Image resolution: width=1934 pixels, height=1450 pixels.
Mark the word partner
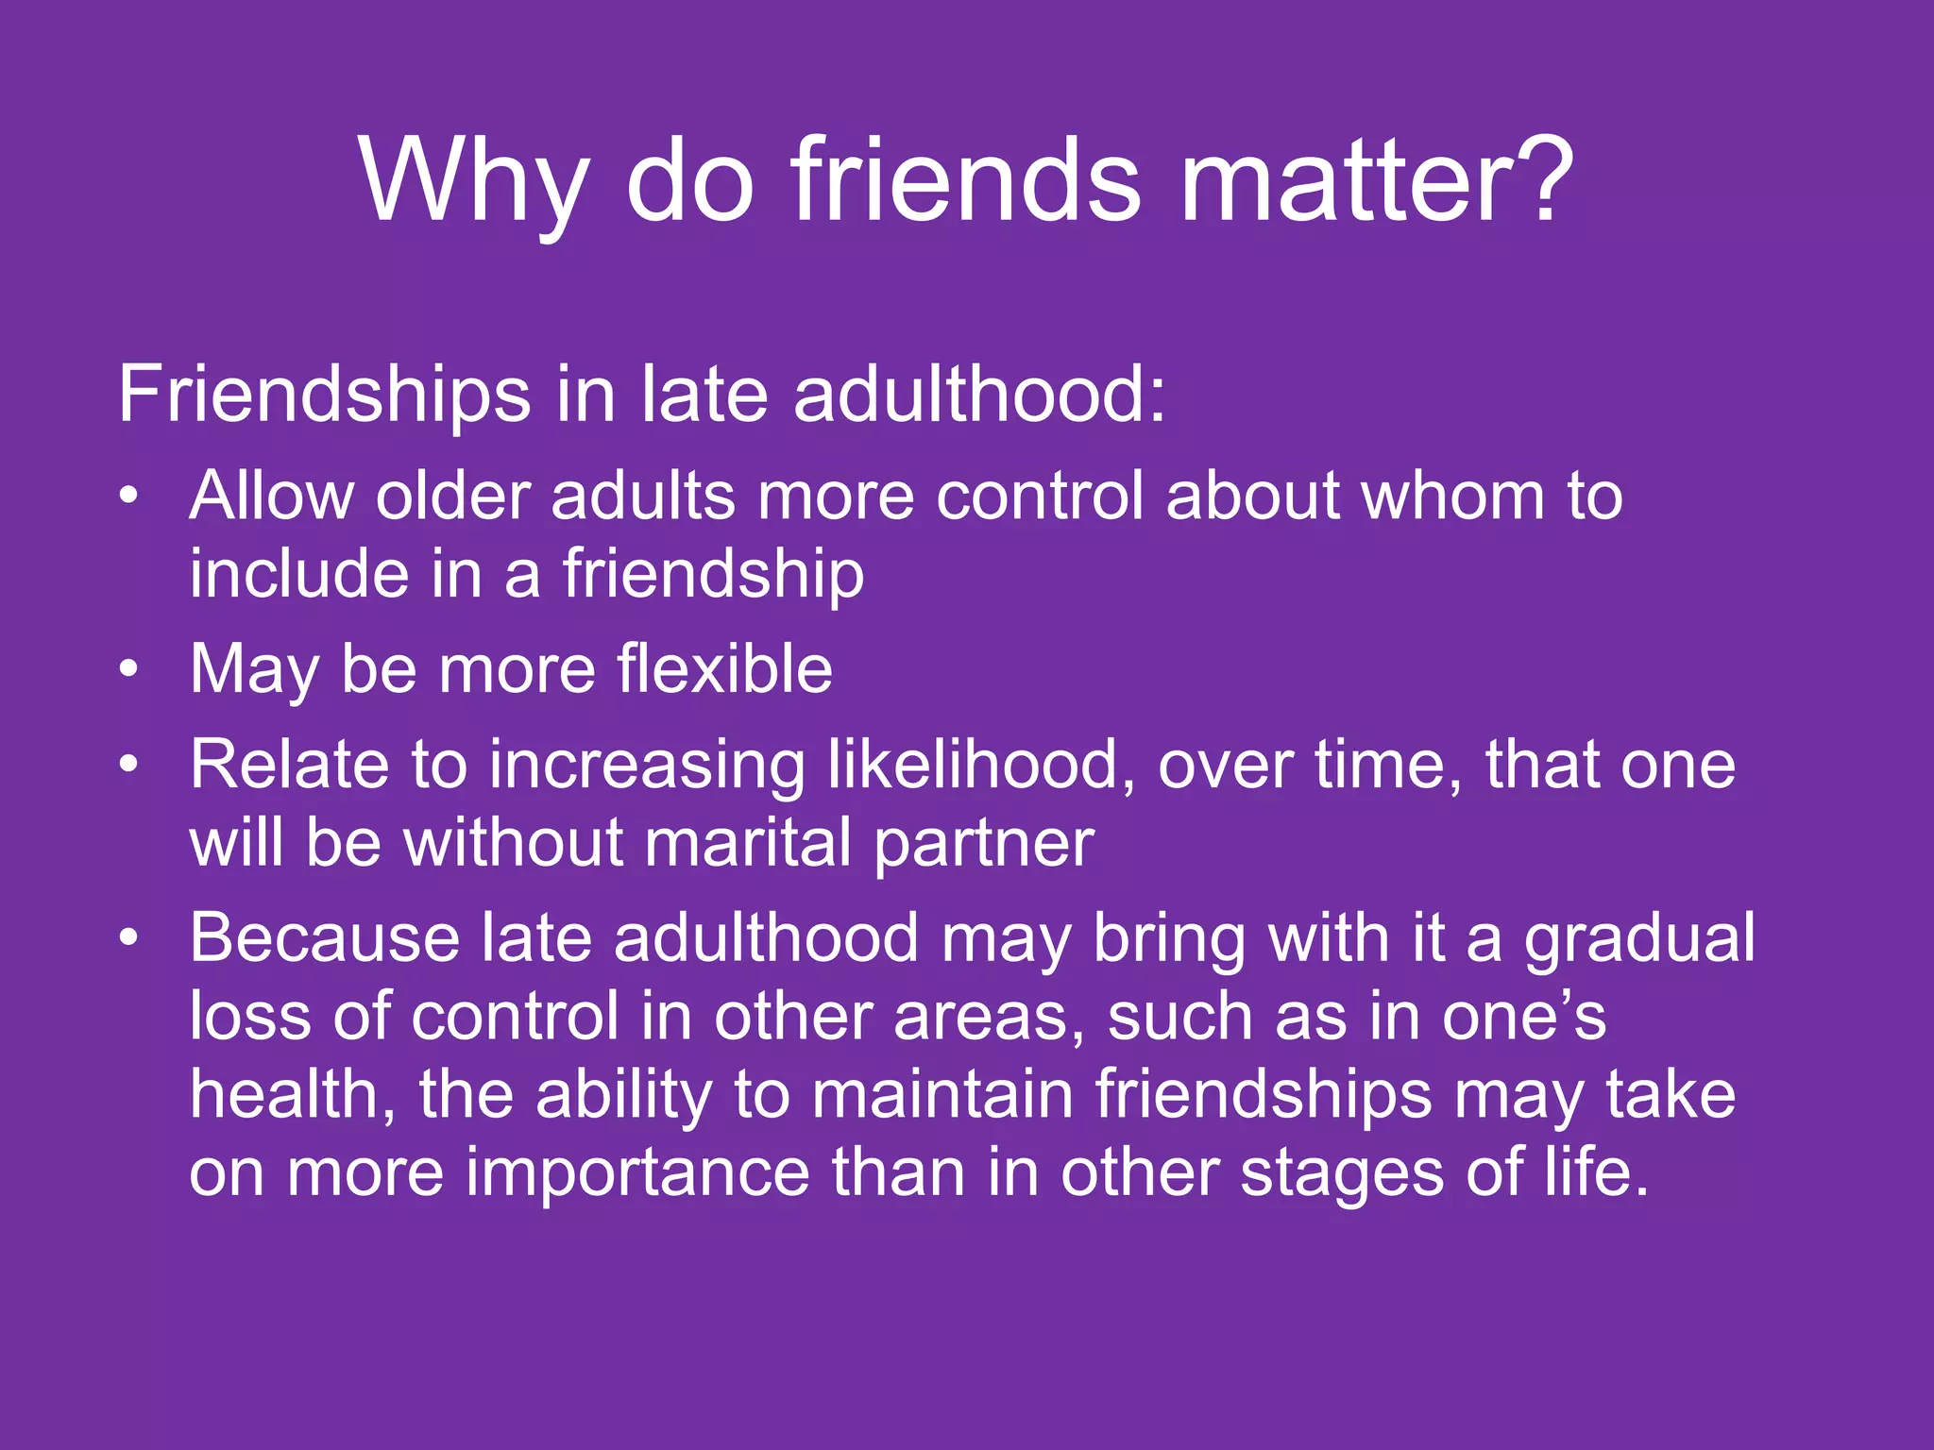(x=983, y=844)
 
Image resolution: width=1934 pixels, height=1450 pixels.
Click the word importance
(x=637, y=1172)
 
